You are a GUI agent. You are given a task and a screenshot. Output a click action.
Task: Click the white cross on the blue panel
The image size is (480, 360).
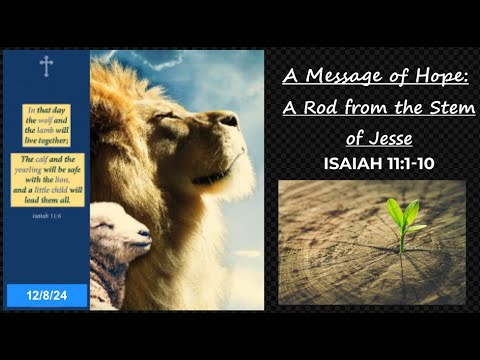45,66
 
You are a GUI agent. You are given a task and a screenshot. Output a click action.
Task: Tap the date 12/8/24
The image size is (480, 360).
46,295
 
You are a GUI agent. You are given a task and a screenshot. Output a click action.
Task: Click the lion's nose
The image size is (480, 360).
231,120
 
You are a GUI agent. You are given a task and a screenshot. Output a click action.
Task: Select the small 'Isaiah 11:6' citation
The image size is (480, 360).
45,213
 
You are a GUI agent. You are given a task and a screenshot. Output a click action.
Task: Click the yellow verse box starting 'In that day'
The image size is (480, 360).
45,124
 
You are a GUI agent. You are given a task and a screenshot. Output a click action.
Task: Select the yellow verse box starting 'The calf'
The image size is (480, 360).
45,178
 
